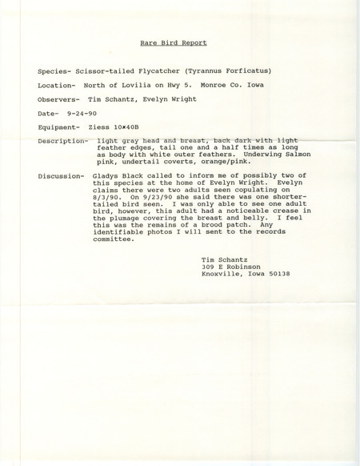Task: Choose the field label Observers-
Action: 59,98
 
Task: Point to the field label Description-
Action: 64,141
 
